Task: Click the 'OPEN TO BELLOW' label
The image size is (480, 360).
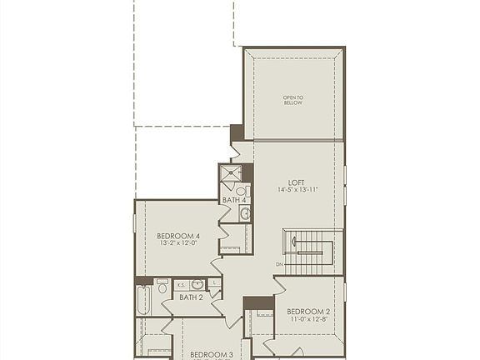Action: [x=293, y=100]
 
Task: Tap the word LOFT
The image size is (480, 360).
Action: [x=297, y=182]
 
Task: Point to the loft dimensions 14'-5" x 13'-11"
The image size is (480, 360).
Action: [x=297, y=190]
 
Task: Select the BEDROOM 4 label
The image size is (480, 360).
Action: [x=178, y=237]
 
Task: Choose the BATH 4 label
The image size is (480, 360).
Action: [x=234, y=200]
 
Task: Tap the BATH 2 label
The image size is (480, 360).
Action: [x=191, y=297]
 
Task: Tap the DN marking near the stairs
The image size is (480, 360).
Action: [x=279, y=265]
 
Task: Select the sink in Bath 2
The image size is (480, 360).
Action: [x=198, y=285]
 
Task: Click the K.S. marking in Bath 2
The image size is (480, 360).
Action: [x=182, y=285]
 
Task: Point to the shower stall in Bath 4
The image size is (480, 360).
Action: [x=232, y=174]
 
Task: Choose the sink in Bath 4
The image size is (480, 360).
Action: [x=245, y=214]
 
